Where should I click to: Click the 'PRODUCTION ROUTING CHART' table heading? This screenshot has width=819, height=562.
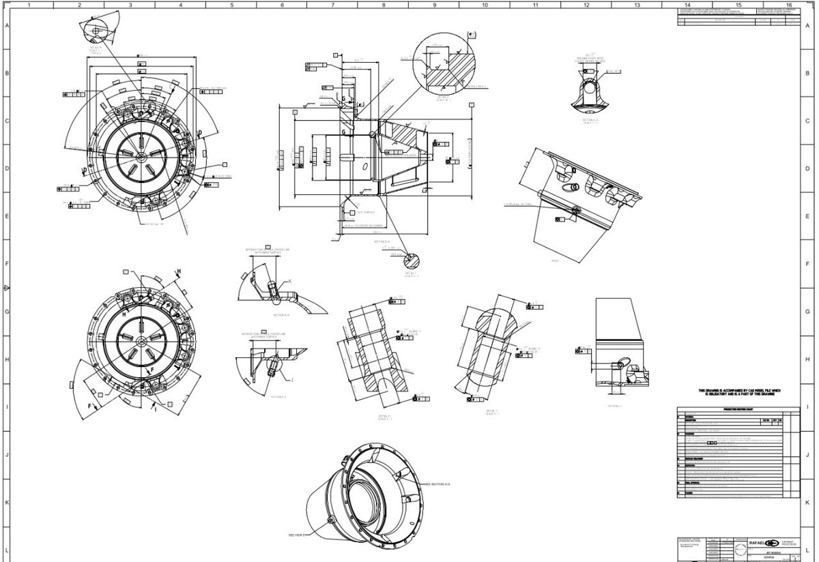click(x=731, y=407)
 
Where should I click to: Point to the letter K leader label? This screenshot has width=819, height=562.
click(x=289, y=281)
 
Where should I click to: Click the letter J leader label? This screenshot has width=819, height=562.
click(x=291, y=380)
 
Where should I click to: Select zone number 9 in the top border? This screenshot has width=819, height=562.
click(x=434, y=5)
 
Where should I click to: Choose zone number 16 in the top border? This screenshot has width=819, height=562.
click(x=789, y=5)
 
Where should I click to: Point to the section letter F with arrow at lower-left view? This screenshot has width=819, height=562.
click(x=89, y=405)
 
